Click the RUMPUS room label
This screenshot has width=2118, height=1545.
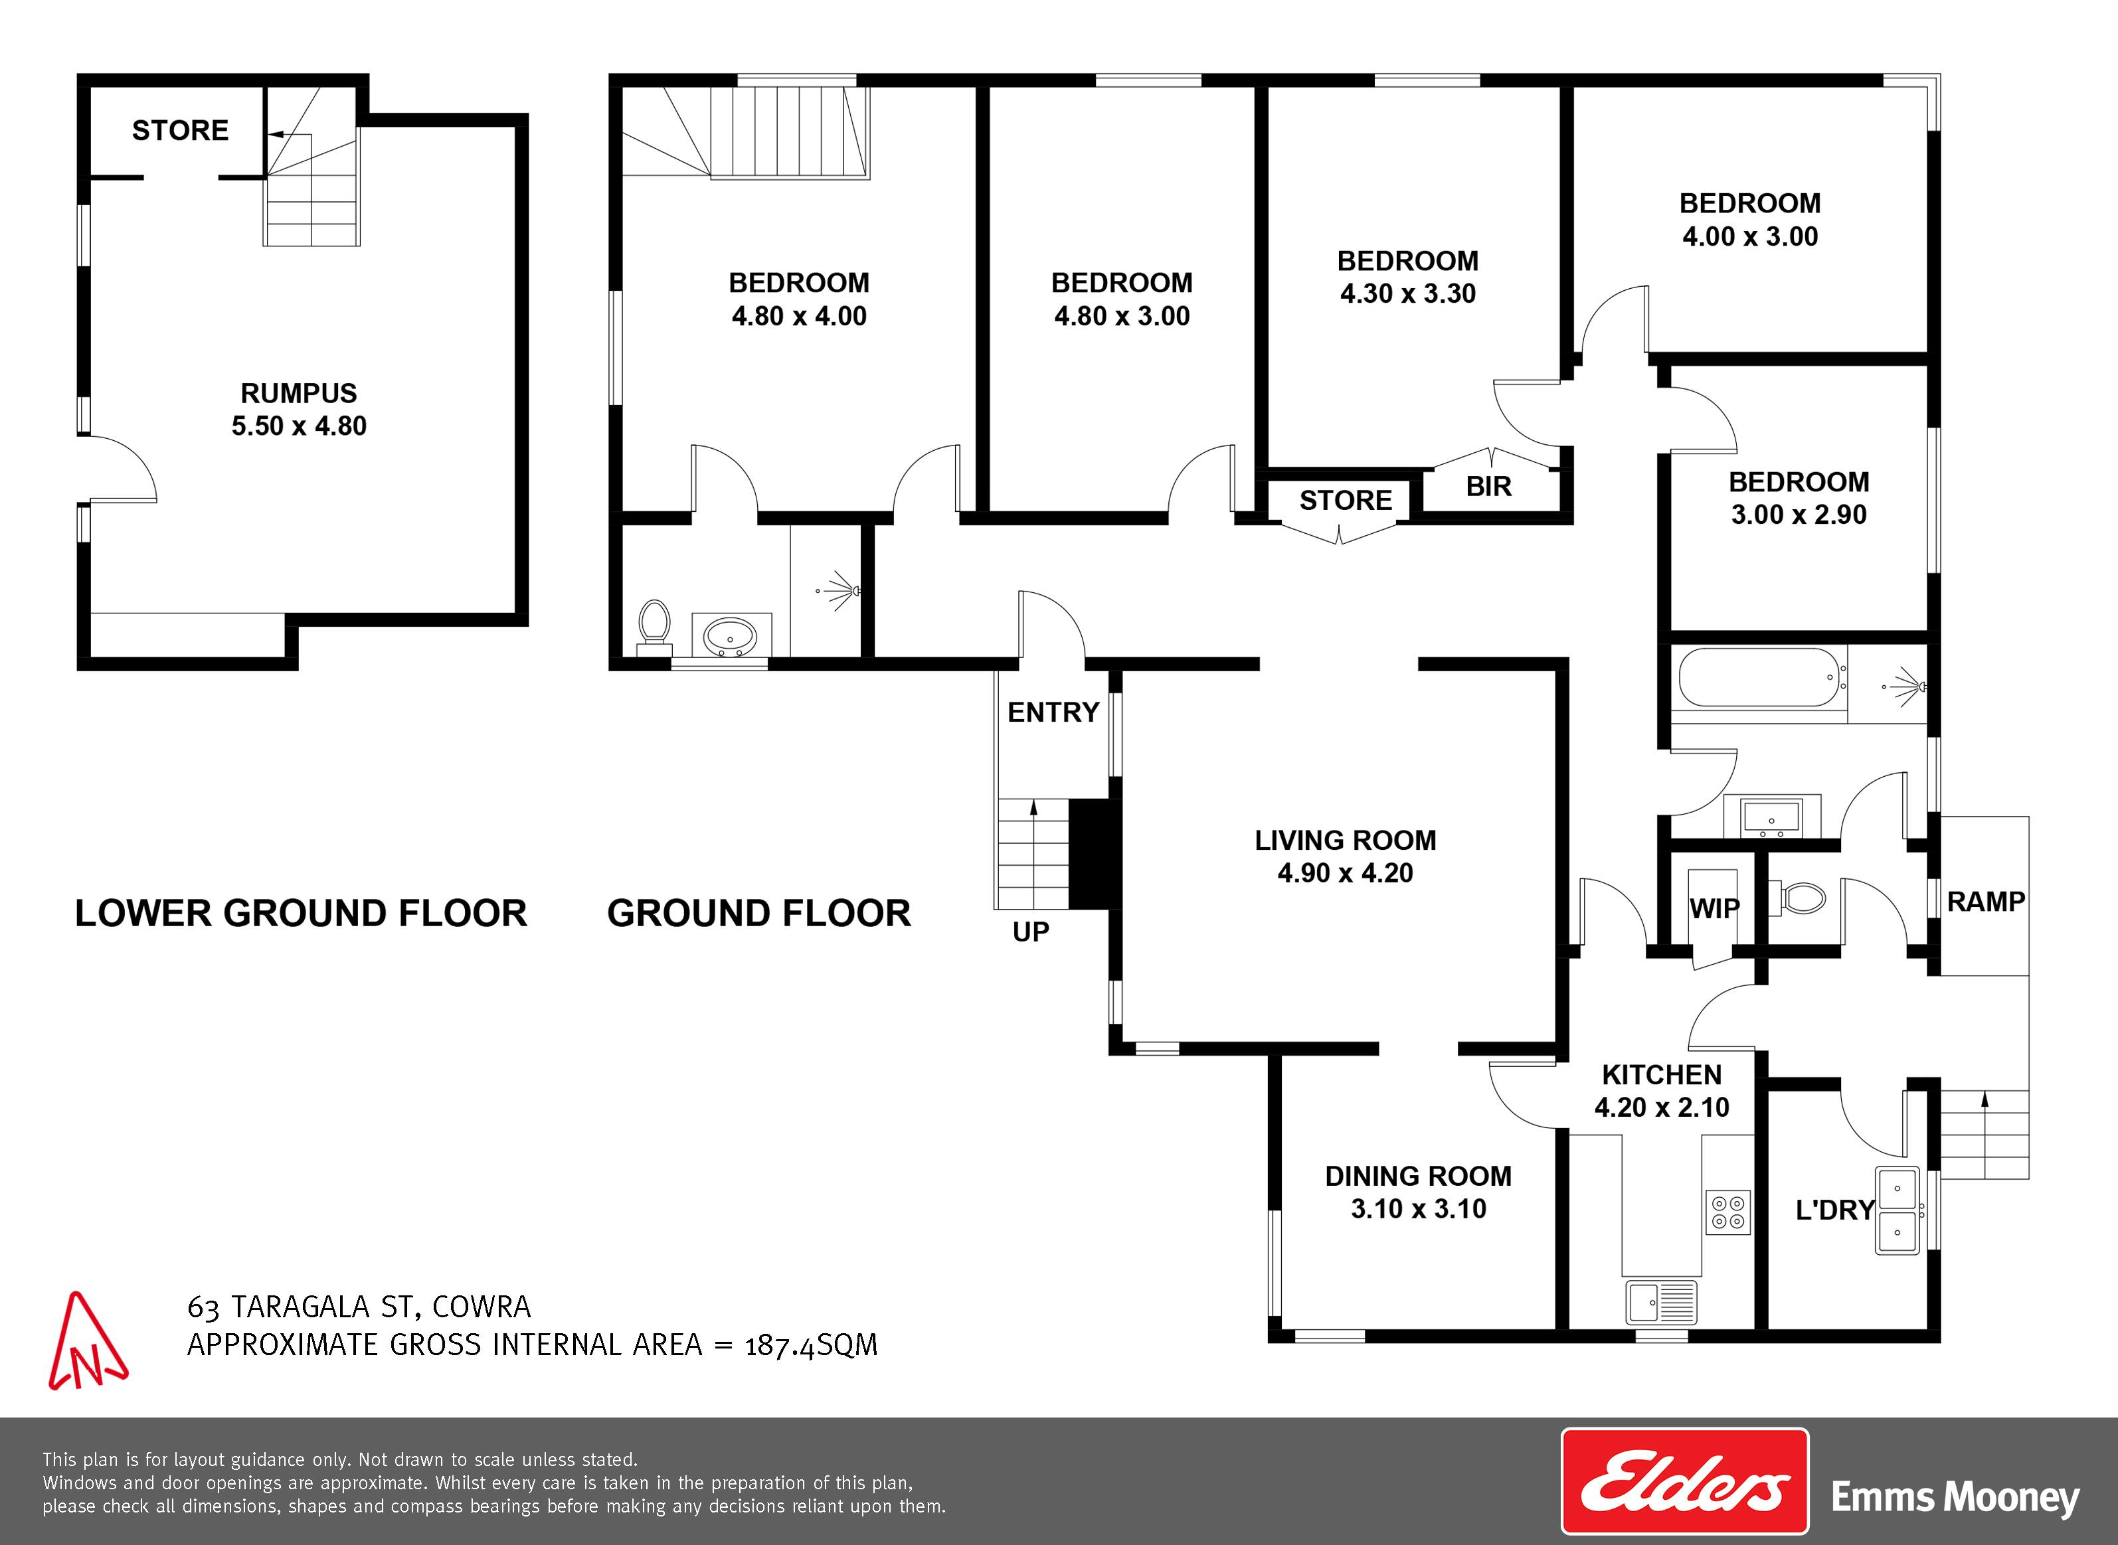tap(298, 393)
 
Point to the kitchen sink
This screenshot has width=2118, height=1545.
tap(1660, 1301)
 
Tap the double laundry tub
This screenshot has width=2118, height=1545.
tap(1897, 1210)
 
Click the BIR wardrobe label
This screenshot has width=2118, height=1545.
tap(1488, 486)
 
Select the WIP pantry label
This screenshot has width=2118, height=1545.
tap(1715, 908)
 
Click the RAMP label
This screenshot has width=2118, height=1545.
tap(1986, 902)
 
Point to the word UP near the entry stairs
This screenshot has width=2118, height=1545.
tap(1031, 932)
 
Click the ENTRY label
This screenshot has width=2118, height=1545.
tap(1053, 712)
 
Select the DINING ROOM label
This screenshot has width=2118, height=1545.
tap(1418, 1176)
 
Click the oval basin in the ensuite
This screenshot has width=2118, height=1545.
tap(731, 636)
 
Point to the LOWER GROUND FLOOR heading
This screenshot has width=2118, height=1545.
tap(302, 914)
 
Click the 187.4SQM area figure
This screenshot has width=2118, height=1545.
tap(811, 1345)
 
